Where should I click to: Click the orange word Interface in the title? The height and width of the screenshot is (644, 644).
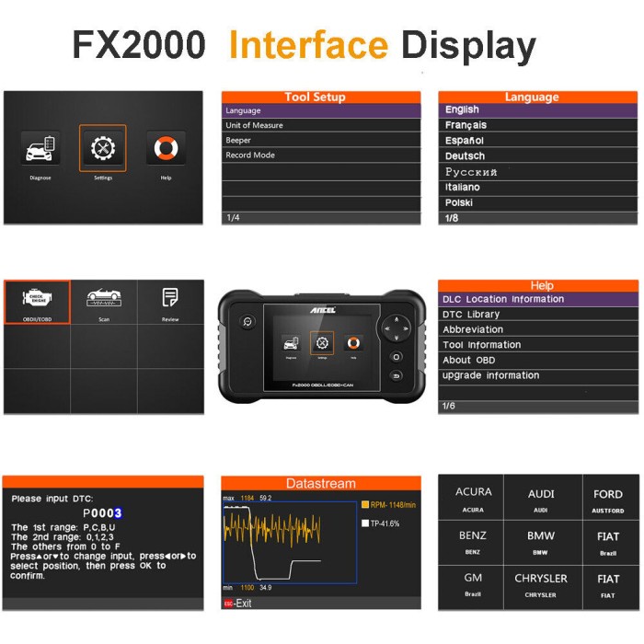coord(308,43)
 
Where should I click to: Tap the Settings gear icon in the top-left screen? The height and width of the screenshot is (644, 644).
coord(102,148)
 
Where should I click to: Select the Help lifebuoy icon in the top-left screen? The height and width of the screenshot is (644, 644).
coord(166,148)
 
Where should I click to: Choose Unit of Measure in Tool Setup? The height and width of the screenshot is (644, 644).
coord(255,125)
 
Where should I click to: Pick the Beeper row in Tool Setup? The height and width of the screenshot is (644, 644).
coord(239,141)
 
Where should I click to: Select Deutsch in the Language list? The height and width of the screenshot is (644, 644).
coord(465,156)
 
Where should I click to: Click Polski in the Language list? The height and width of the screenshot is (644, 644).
coord(460,202)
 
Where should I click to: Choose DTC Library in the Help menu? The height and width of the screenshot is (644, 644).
coord(471,315)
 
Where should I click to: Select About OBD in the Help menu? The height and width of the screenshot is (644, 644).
coord(469,360)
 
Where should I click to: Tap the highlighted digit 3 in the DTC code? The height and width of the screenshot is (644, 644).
coord(118,513)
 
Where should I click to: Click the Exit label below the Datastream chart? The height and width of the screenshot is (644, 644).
coord(242,604)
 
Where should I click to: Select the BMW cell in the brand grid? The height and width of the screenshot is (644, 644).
coord(541,540)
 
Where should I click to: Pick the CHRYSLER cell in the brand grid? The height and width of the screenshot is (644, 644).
coord(541,583)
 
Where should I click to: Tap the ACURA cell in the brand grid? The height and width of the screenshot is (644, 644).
coord(473,498)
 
